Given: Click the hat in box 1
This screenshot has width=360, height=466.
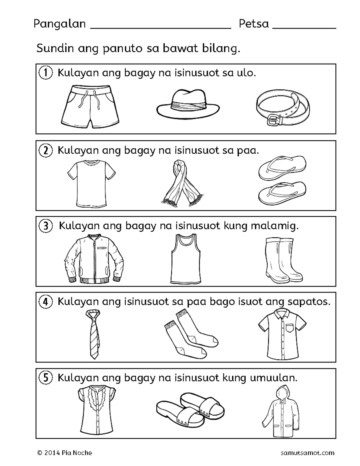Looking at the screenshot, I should pyautogui.click(x=188, y=103).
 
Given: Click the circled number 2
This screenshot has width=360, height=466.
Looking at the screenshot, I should pyautogui.click(x=46, y=150).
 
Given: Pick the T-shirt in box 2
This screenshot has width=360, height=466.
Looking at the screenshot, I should pyautogui.click(x=91, y=183).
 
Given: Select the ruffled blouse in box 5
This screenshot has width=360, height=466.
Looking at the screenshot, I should pyautogui.click(x=97, y=410).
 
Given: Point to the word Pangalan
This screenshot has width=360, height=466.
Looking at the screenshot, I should pyautogui.click(x=59, y=24).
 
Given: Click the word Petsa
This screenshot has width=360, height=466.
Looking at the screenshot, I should pyautogui.click(x=253, y=24).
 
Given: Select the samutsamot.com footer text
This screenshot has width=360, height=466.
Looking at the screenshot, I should pyautogui.click(x=307, y=453).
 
